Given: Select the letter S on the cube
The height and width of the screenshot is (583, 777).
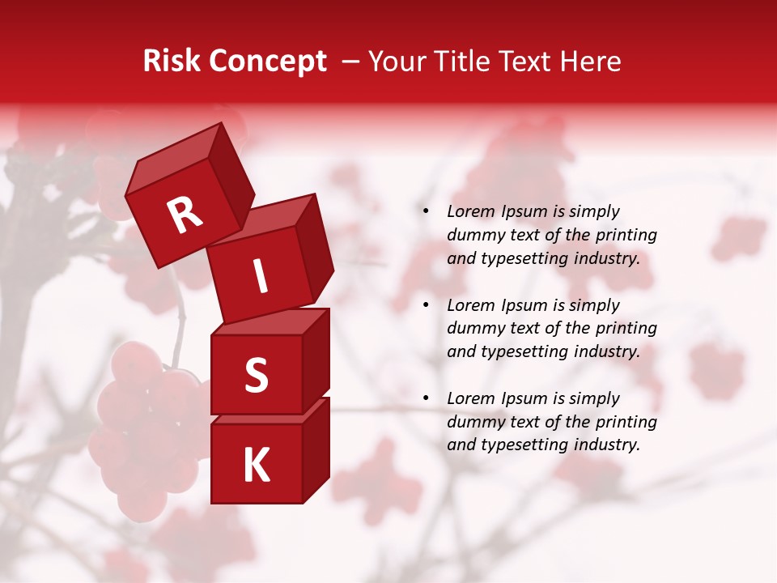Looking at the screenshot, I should [256, 375].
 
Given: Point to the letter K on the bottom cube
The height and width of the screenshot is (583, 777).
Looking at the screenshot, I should [256, 466].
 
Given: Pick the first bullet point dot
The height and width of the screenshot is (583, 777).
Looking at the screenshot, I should [427, 211].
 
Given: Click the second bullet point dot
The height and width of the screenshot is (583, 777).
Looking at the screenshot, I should [427, 305].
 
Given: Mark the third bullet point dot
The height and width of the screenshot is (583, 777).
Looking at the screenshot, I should [427, 398].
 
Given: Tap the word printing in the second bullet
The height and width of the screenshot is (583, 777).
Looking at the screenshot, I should [626, 329].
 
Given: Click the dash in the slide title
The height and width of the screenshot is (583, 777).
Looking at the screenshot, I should [352, 62].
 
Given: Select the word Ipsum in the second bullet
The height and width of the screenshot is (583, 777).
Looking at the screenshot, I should [524, 305].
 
